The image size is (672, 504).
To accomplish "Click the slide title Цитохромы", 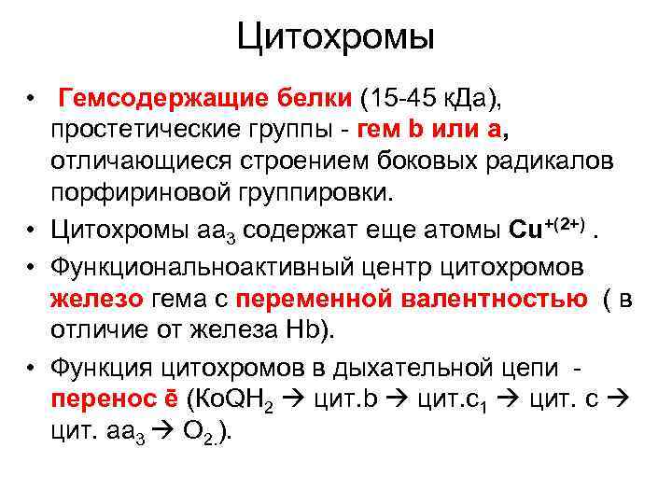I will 335,37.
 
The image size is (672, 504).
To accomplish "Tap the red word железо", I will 97,299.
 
